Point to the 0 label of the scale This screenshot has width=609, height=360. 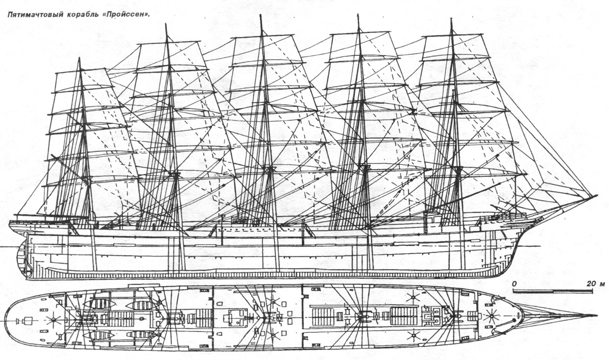tap(514, 284)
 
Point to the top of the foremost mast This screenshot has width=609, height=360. tap(451, 19)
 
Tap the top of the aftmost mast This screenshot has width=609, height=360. tap(79, 58)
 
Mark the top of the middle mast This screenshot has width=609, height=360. tap(260, 16)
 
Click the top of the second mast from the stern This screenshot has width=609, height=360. tap(166, 24)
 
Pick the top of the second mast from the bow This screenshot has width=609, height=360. tap(358, 16)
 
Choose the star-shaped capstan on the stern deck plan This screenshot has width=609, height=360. tap(53, 320)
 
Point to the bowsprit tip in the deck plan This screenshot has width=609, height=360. tap(596, 315)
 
